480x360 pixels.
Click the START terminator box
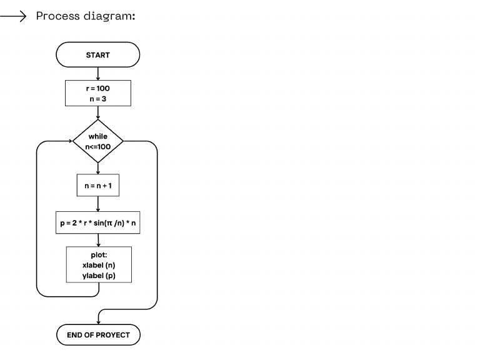tap(98, 55)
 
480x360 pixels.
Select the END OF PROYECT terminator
tap(98, 335)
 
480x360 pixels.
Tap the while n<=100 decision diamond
tap(98, 142)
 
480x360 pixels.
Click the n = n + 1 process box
tap(98, 186)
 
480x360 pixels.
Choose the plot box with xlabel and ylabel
tap(99, 265)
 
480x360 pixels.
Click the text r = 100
tap(98, 88)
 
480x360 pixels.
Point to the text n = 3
tap(98, 99)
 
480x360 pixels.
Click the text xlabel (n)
tap(99, 265)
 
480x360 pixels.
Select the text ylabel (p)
tap(99, 275)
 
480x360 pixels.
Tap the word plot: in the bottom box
tap(99, 255)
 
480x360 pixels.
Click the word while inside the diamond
tap(98, 136)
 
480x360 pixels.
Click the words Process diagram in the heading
tap(86, 16)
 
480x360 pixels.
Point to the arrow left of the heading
tap(12, 16)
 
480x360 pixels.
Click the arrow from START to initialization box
tap(98, 74)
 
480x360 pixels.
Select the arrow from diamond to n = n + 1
tap(98, 167)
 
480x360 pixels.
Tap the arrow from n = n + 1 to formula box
tap(98, 205)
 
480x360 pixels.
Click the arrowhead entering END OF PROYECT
tap(98, 321)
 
